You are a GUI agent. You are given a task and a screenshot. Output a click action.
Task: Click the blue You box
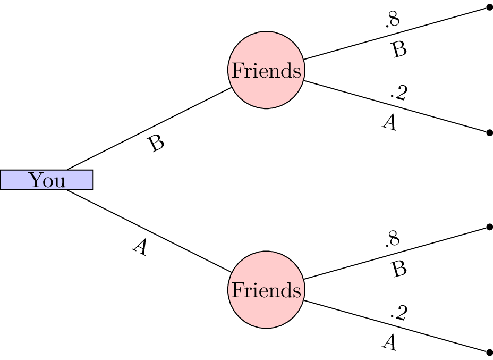point(47,180)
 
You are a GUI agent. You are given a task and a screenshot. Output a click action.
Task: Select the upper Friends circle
point(266,71)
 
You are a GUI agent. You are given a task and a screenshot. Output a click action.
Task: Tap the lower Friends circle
point(266,290)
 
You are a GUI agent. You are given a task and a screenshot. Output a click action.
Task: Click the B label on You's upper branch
point(157,144)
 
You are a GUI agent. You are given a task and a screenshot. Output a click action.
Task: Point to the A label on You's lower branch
point(140,247)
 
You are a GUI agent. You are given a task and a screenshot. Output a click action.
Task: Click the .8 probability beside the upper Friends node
point(392,20)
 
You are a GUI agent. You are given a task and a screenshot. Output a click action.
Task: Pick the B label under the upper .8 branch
point(399,49)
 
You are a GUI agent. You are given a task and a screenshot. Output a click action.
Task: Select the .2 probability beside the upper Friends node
point(398,93)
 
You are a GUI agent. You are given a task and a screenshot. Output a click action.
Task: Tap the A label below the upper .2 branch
point(389,123)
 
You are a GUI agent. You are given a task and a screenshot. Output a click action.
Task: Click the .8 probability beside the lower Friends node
point(392,240)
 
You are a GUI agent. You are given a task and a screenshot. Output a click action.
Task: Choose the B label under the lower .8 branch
point(399,270)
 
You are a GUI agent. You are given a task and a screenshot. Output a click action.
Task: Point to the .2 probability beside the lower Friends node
point(398,313)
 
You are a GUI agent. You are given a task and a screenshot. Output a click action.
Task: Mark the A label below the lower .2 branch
point(389,343)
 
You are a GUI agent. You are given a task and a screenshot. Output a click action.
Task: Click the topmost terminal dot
point(489,8)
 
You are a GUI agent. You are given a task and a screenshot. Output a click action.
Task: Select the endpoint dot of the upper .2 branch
point(489,132)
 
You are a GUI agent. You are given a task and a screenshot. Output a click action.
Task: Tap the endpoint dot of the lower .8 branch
point(489,228)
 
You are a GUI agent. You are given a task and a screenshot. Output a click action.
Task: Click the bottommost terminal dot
point(489,352)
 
